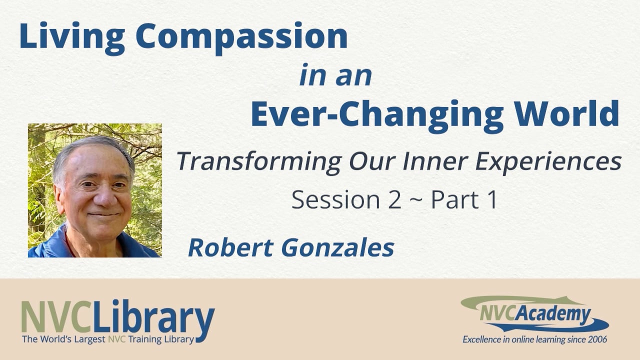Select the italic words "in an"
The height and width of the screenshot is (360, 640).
tap(335, 75)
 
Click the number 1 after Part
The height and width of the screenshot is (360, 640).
tap(492, 200)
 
